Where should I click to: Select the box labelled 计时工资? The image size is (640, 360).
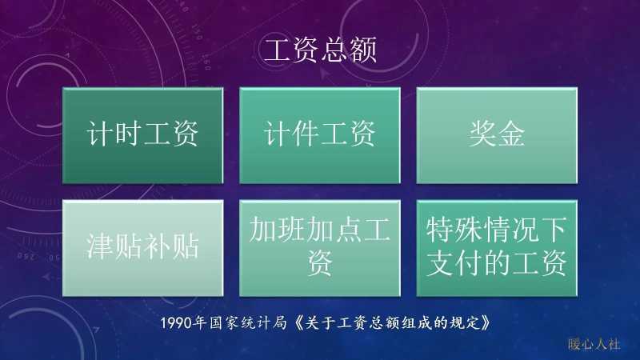pyautogui.click(x=142, y=135)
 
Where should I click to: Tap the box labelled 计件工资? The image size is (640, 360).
pyautogui.click(x=320, y=135)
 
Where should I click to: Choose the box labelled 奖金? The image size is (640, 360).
pyautogui.click(x=497, y=135)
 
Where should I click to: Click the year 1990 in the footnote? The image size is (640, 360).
pyautogui.click(x=176, y=323)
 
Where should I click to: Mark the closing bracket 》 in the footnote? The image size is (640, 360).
pyautogui.click(x=482, y=323)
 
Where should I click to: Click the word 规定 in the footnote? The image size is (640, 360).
pyautogui.click(x=462, y=323)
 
